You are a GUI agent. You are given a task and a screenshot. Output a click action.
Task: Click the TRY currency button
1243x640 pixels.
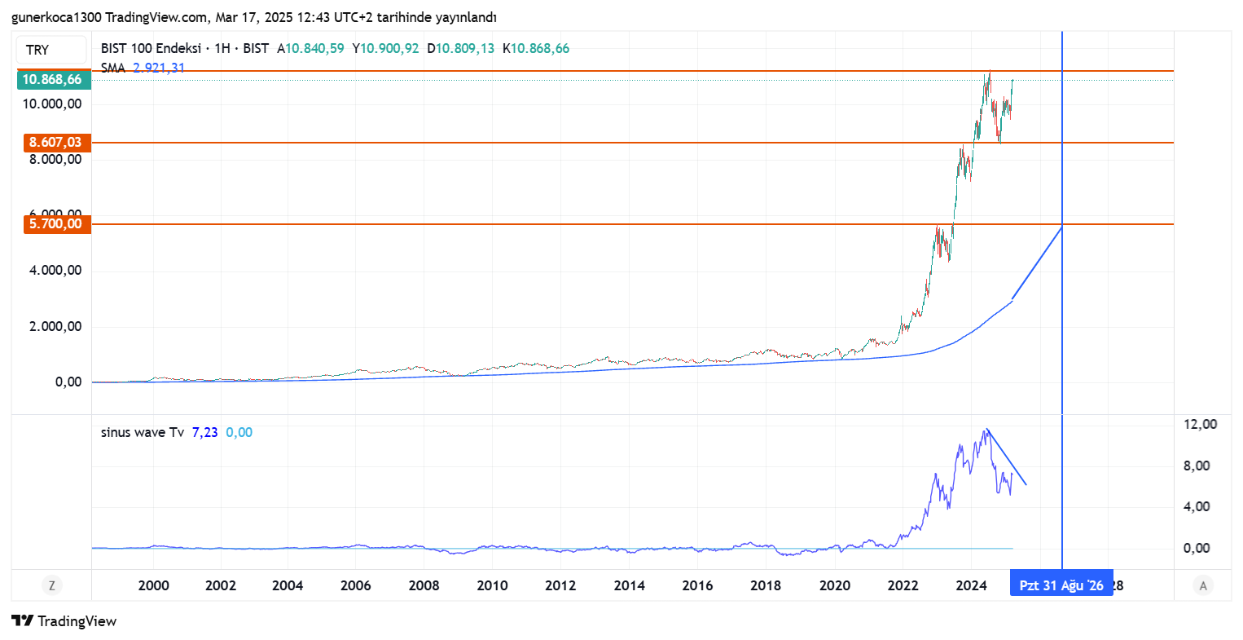click(51, 50)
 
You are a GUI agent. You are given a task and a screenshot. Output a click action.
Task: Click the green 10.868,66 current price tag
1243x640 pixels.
click(54, 79)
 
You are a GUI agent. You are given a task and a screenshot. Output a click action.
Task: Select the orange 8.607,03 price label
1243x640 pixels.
click(56, 143)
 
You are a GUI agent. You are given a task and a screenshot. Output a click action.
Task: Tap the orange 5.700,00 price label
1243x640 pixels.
click(56, 224)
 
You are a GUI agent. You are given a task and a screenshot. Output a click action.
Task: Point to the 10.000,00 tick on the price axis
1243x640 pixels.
click(53, 104)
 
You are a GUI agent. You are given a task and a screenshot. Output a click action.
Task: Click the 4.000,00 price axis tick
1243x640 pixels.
click(55, 271)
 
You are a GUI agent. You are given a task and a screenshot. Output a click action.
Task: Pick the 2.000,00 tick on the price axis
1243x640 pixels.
click(55, 327)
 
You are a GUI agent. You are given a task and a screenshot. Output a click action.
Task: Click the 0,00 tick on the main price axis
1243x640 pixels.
click(68, 382)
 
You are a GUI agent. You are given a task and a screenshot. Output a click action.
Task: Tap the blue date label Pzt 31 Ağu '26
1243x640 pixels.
click(1061, 585)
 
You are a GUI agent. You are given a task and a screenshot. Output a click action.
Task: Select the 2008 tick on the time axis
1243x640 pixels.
click(424, 585)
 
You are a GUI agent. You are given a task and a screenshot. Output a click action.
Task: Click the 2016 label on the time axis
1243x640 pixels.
click(697, 585)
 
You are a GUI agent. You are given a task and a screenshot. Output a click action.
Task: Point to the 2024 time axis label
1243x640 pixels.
click(971, 585)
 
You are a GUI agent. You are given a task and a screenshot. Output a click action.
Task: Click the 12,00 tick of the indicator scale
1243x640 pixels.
click(1200, 424)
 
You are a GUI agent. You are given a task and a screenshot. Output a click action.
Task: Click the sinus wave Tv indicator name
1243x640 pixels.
click(142, 432)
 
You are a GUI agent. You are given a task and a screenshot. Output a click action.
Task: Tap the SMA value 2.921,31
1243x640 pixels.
click(159, 68)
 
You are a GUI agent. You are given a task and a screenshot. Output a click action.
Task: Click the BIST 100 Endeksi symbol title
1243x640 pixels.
click(151, 49)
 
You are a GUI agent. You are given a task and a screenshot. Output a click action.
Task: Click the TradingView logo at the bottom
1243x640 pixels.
click(64, 621)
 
